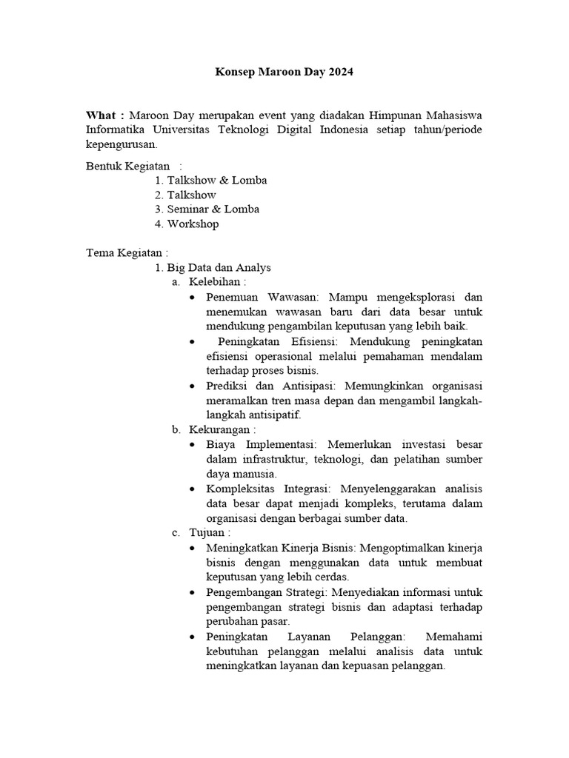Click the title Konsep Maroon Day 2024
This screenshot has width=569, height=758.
point(284,73)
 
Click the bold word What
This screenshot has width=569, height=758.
point(101,115)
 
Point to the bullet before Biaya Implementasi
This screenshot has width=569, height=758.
point(193,445)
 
